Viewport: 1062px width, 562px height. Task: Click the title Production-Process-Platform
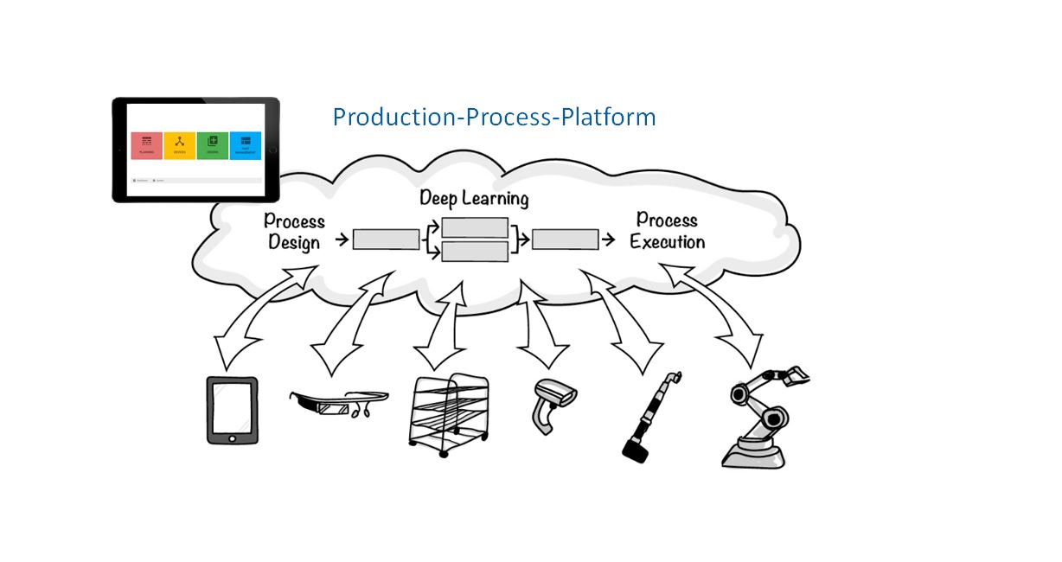pyautogui.click(x=494, y=117)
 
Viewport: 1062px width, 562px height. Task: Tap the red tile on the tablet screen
pyautogui.click(x=147, y=144)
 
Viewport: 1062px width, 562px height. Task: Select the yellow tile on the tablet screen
pyautogui.click(x=179, y=144)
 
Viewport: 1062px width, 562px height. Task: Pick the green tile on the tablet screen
pyautogui.click(x=212, y=144)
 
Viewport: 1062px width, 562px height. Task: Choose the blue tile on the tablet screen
pyautogui.click(x=246, y=144)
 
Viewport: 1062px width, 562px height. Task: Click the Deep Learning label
pyautogui.click(x=473, y=198)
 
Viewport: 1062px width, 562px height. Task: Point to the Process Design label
pyautogui.click(x=294, y=232)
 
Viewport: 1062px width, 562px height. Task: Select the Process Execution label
pyautogui.click(x=667, y=231)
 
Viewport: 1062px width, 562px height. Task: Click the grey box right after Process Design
pyautogui.click(x=386, y=239)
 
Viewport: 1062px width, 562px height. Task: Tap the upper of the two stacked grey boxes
pyautogui.click(x=474, y=227)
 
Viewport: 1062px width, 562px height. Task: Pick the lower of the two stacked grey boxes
pyautogui.click(x=474, y=252)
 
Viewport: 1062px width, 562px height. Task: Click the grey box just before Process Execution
pyautogui.click(x=565, y=239)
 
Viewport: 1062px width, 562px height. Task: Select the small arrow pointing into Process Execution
pyautogui.click(x=610, y=239)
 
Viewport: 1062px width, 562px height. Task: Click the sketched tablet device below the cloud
pyautogui.click(x=231, y=409)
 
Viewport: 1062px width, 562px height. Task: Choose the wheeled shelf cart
pyautogui.click(x=446, y=413)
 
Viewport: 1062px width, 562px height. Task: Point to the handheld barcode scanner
pyautogui.click(x=551, y=403)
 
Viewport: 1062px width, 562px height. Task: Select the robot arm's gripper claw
pyautogui.click(x=794, y=377)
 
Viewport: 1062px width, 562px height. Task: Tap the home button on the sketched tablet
pyautogui.click(x=231, y=438)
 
